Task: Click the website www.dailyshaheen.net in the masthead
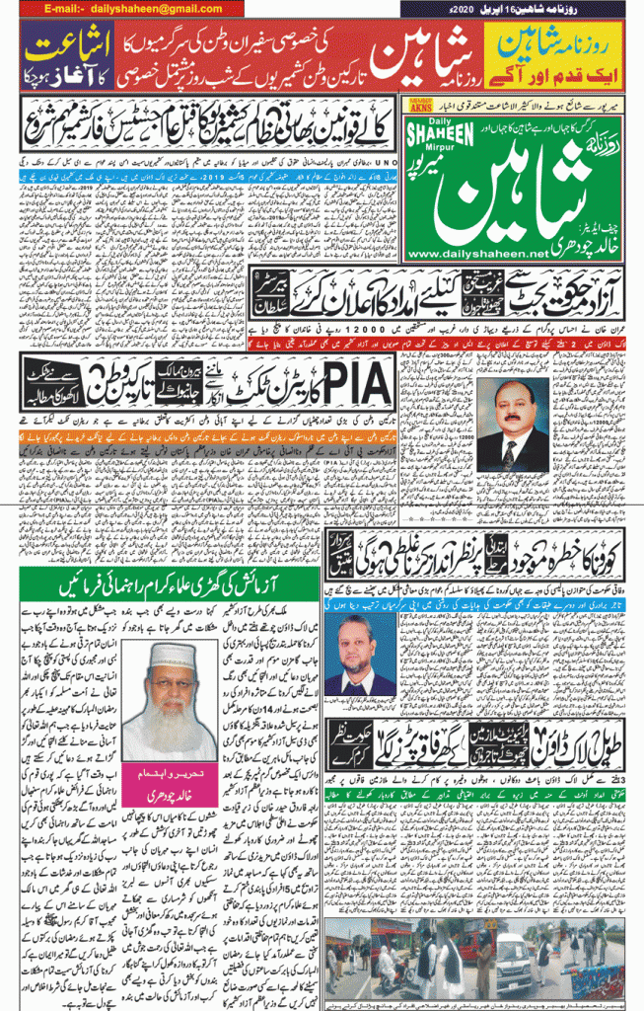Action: [x=476, y=254]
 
